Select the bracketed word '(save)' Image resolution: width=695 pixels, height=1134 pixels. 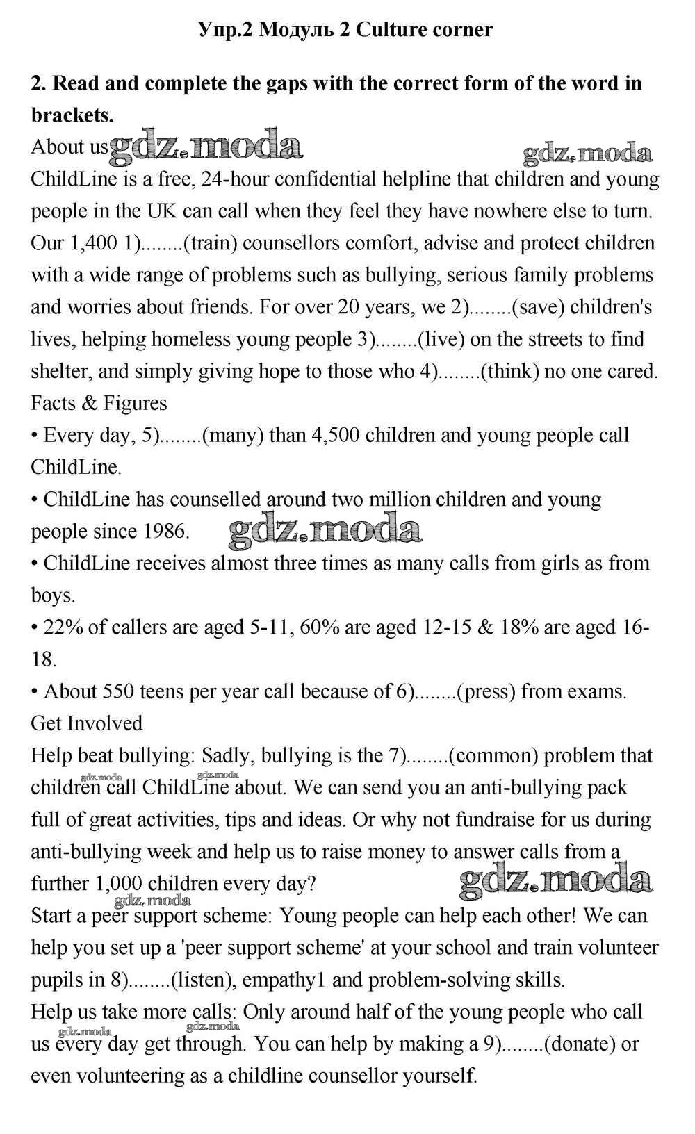click(536, 307)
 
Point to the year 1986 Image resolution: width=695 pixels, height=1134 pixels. click(166, 532)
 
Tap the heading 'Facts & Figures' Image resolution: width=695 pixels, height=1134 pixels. click(99, 403)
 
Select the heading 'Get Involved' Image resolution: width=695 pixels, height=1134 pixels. click(86, 723)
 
